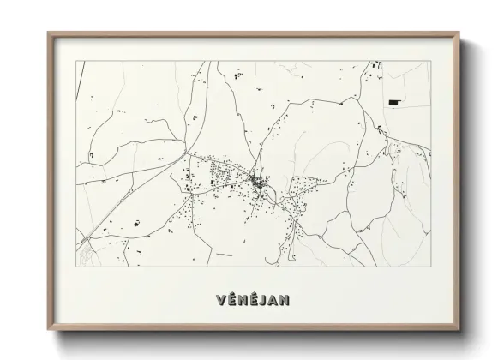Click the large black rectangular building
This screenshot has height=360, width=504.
(394, 102)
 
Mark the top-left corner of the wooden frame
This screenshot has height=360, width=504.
(48, 33)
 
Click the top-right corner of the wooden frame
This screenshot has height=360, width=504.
(459, 33)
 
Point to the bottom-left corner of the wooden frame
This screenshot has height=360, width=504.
(48, 334)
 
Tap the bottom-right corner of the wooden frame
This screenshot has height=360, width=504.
(459, 334)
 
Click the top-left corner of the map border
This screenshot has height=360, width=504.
(76, 61)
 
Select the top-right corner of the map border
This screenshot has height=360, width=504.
(430, 61)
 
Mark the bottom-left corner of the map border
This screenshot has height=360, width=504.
(76, 267)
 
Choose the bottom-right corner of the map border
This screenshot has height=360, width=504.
(430, 267)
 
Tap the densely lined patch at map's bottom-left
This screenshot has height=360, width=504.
(85, 253)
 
